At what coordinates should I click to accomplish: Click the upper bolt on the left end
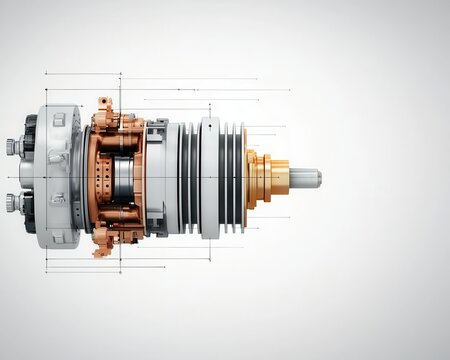click(x=13, y=147)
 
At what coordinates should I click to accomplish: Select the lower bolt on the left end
click(x=13, y=203)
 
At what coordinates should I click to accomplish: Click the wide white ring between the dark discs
click(x=209, y=177)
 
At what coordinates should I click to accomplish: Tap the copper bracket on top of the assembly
click(x=104, y=116)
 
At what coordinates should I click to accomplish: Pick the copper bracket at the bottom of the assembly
click(x=104, y=240)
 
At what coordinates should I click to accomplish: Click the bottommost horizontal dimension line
click(x=82, y=272)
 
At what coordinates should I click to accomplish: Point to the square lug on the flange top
click(x=59, y=120)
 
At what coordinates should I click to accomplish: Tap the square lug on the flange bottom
click(x=59, y=236)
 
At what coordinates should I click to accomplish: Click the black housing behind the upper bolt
click(x=30, y=135)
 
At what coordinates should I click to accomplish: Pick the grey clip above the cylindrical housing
click(x=157, y=128)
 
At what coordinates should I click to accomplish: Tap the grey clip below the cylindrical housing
click(x=157, y=226)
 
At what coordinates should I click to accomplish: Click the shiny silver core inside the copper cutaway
click(x=124, y=178)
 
